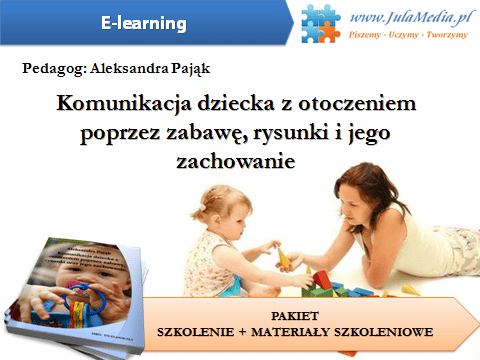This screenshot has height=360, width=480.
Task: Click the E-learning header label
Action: point(145,22)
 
